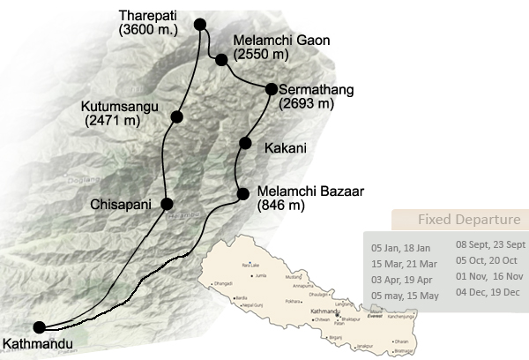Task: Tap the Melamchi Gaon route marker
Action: [x=221, y=60]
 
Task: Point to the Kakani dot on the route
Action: [x=246, y=144]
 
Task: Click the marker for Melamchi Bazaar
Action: [x=242, y=193]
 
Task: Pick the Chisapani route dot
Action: [x=165, y=205]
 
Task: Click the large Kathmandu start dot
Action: [x=39, y=326]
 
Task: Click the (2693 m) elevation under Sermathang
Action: [x=306, y=103]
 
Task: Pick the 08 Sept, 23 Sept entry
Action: [x=490, y=244]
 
